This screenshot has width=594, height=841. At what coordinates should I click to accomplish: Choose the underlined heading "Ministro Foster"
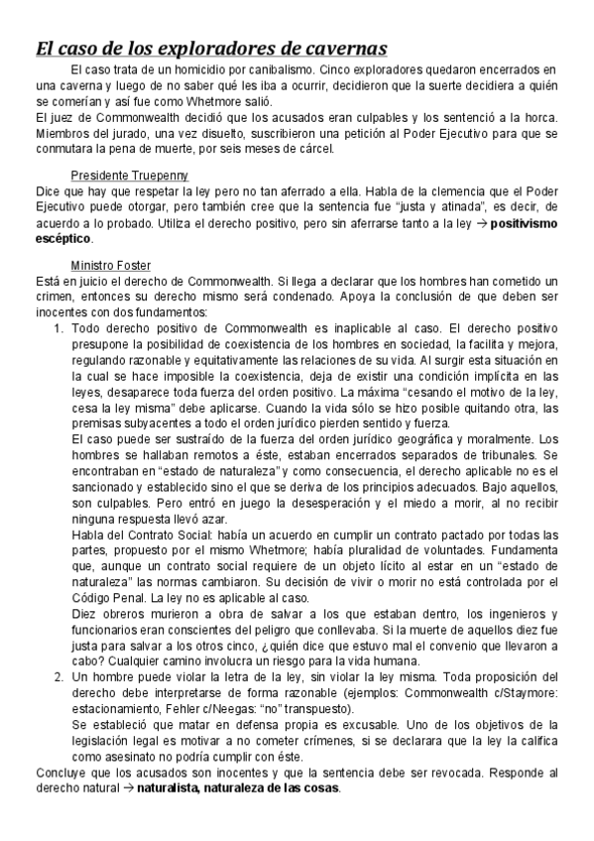pyautogui.click(x=110, y=265)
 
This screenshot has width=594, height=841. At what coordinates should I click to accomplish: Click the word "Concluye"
pyautogui.click(x=33, y=772)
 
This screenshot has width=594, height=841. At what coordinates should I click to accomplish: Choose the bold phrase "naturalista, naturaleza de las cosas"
pyautogui.click(x=238, y=788)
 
